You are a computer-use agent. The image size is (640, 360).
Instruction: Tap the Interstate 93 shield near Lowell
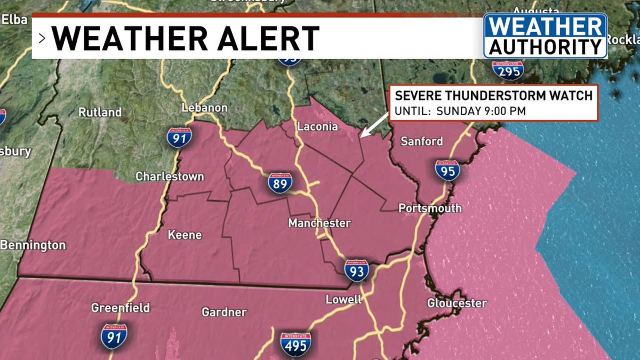tap(356, 271)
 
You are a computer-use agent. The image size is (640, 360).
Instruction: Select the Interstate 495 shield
tap(295, 343)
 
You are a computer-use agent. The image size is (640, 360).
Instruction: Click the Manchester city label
tap(319, 223)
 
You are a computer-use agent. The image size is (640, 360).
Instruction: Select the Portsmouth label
tap(430, 208)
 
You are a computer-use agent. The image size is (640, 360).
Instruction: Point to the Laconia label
tap(317, 127)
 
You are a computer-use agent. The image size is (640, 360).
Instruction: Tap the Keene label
tap(185, 235)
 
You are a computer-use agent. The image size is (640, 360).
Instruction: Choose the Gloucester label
tap(457, 303)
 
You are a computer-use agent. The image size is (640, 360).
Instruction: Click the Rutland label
tap(100, 113)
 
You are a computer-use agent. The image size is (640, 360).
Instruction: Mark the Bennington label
tap(33, 245)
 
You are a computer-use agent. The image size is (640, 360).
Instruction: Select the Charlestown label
tap(170, 176)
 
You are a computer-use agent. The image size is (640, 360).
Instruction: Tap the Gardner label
tap(224, 312)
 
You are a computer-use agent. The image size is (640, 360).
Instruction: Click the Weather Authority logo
tap(545, 36)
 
